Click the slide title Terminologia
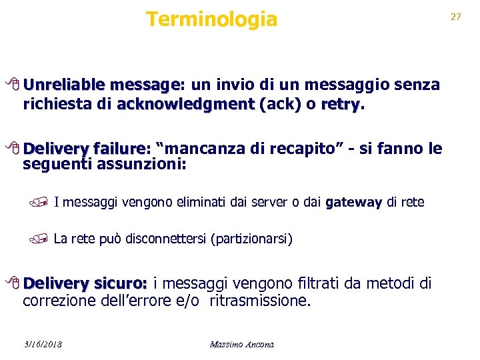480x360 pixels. (211, 19)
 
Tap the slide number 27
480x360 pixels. (456, 17)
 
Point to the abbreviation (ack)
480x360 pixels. (281, 105)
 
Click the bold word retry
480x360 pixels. (341, 105)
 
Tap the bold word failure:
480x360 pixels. (123, 149)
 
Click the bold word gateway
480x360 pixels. (354, 202)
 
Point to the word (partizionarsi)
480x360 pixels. (251, 239)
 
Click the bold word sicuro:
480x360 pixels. (119, 284)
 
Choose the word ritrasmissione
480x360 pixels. (260, 301)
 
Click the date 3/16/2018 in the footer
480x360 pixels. (41, 344)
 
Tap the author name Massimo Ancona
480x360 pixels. (241, 344)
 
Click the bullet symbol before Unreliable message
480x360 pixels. (16, 85)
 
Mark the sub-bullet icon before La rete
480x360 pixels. (45, 238)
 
